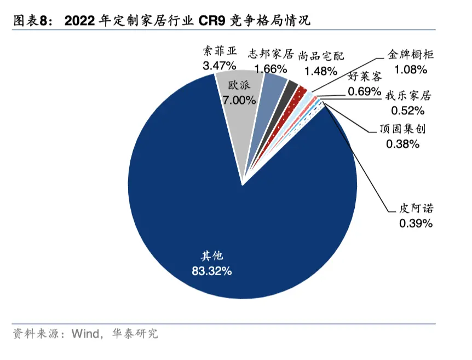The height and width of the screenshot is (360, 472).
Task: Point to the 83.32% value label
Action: click(211, 270)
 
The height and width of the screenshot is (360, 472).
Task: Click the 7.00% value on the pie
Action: click(239, 100)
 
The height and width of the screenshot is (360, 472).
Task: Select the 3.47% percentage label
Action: click(220, 65)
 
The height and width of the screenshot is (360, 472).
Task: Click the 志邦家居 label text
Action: click(270, 55)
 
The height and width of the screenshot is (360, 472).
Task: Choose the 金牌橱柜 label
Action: click(411, 55)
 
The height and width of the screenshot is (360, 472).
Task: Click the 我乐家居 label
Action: click(408, 96)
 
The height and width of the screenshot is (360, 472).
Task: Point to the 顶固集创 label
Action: click(402, 130)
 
